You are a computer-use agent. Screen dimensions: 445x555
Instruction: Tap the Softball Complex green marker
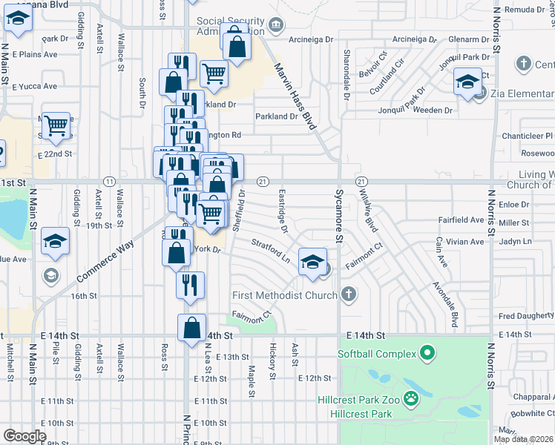(x=427, y=354)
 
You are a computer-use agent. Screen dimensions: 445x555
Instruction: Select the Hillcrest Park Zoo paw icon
(x=410, y=399)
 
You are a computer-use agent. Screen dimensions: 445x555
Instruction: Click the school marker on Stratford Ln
(x=312, y=262)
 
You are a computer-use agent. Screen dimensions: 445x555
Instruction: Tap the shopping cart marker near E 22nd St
(x=56, y=126)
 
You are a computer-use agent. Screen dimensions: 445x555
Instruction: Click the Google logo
(x=24, y=436)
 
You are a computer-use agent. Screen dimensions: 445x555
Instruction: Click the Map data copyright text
(x=523, y=439)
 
